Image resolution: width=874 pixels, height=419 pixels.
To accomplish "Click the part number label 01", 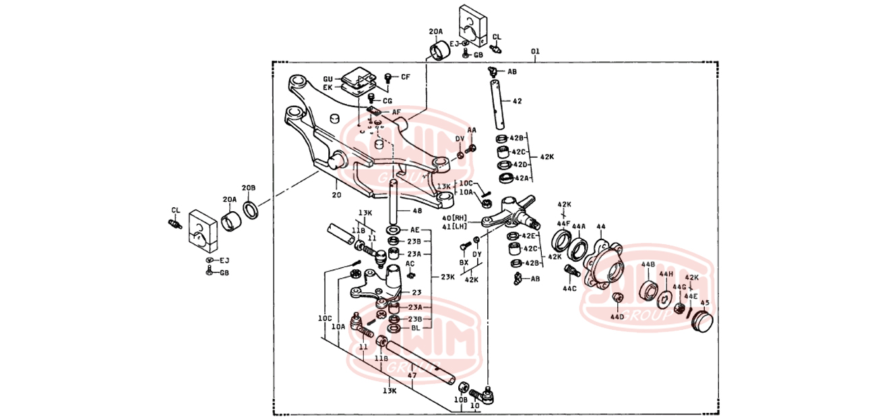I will (535, 51).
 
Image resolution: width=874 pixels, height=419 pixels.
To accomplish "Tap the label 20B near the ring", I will (249, 188).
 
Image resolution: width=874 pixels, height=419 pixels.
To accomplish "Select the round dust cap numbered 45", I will (702, 323).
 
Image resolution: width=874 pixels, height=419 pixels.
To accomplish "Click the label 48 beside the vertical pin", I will (416, 211).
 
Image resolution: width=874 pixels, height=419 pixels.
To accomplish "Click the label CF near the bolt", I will (405, 77).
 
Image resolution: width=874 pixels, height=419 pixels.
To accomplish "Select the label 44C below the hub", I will (570, 289).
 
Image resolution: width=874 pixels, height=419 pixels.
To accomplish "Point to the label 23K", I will (447, 277).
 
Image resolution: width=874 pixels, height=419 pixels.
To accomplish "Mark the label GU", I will (328, 78).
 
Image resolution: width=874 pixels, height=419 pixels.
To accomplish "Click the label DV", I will (460, 138).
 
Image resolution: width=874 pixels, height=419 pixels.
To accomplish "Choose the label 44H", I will (666, 274).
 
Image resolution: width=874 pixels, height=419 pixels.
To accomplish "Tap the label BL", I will (415, 328).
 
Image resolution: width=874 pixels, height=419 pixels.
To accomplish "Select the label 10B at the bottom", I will (460, 400).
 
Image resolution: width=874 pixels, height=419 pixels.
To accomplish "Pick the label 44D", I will (617, 316).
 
